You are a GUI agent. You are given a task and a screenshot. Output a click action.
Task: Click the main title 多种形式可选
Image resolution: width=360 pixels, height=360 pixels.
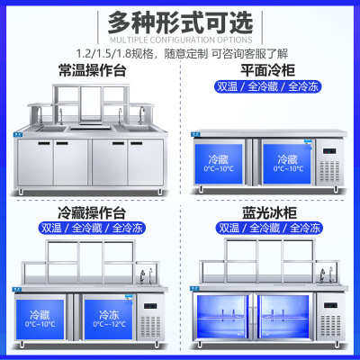[180, 21]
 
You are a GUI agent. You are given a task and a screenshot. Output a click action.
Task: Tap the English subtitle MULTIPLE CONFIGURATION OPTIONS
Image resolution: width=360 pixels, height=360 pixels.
[180, 40]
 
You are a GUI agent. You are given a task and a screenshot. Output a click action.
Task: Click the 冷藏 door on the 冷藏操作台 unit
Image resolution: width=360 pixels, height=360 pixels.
[41, 317]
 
